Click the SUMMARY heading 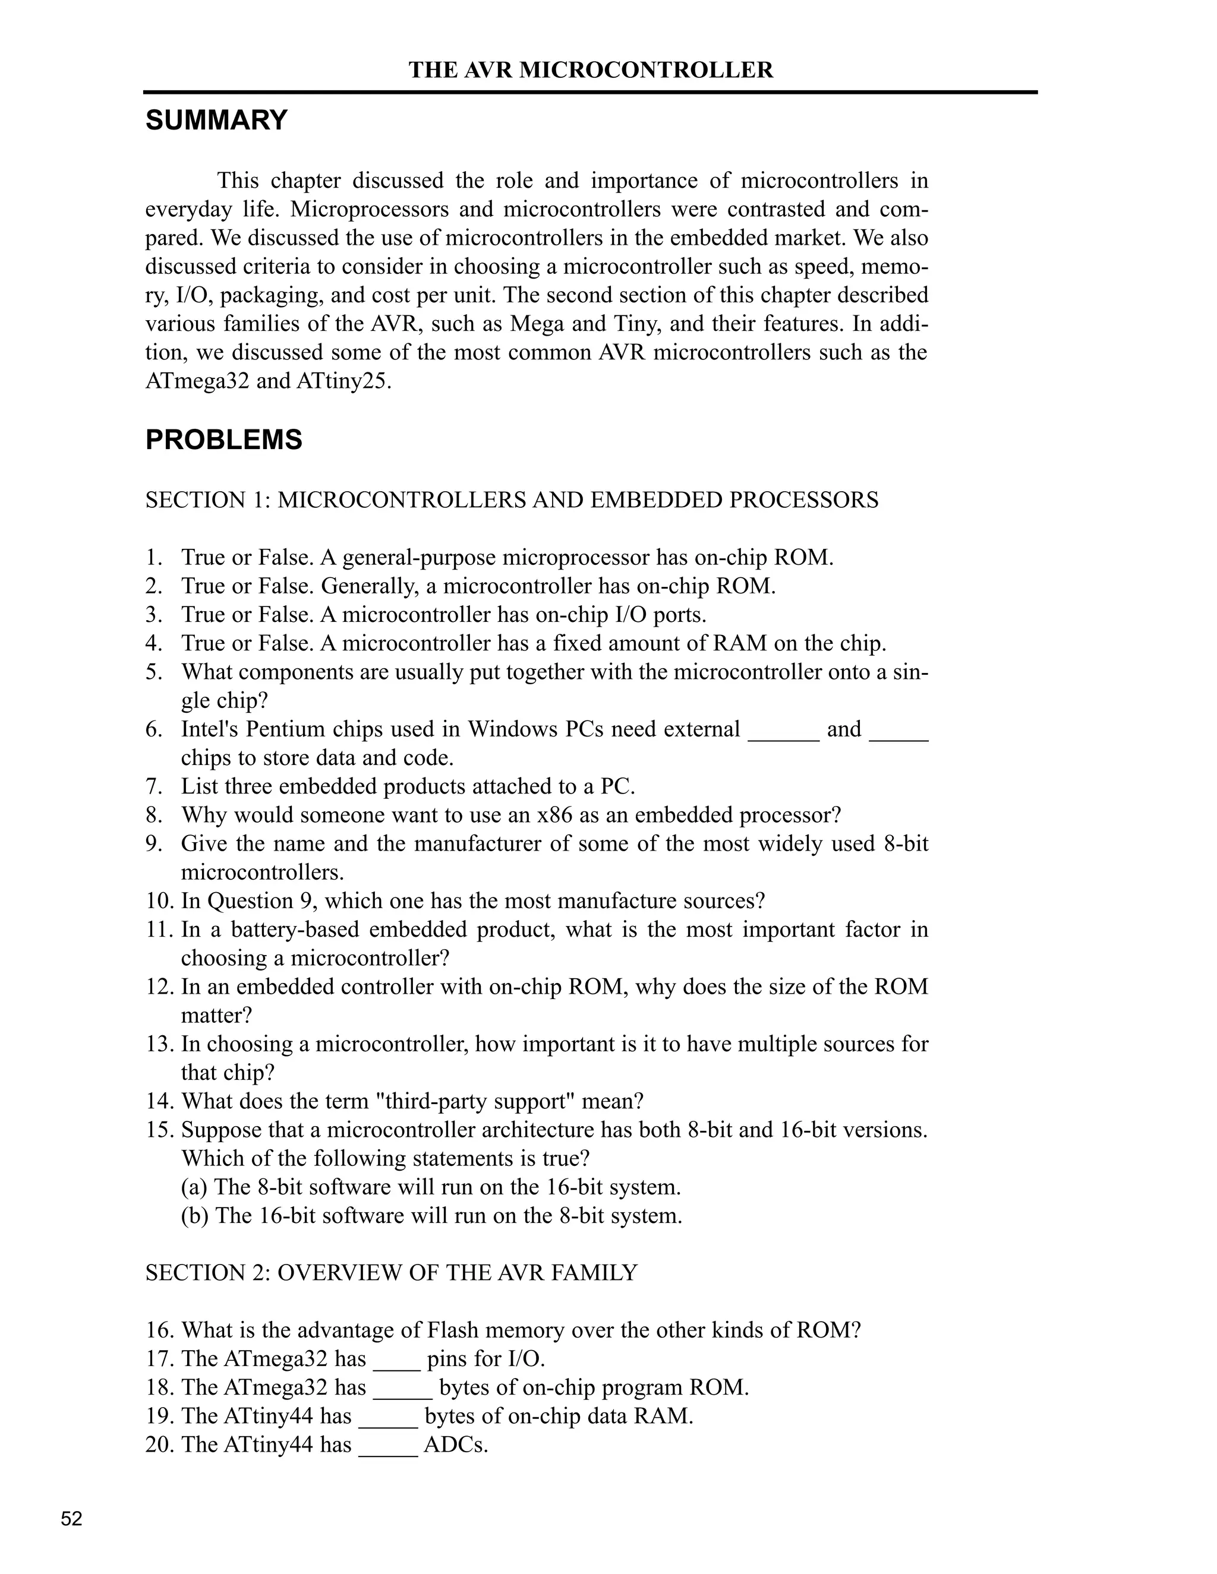[216, 119]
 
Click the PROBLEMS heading [223, 440]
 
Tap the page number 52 [71, 1519]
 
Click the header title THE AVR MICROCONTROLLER [591, 70]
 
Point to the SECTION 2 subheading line [392, 1273]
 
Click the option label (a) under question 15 [195, 1187]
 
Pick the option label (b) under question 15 [195, 1216]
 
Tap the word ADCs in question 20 [456, 1445]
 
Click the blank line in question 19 [388, 1423]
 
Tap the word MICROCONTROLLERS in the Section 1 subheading [402, 500]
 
